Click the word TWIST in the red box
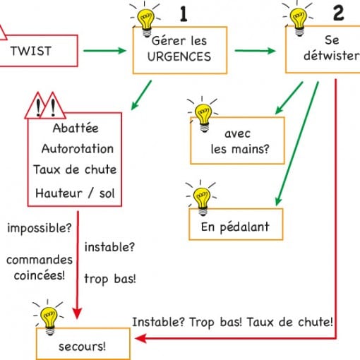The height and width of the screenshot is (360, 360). pos(31,51)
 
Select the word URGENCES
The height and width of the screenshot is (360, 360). pos(179,56)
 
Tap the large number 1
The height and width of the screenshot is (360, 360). pos(184,14)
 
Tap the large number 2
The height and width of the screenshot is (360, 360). pos(339,13)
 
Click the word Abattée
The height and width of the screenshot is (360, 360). pos(76,128)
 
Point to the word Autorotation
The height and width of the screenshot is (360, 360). pos(78,149)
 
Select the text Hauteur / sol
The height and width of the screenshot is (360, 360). pos(75,193)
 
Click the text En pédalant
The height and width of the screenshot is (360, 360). pos(235,227)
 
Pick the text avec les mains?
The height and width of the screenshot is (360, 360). pos(239,141)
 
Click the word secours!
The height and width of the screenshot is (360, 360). pos(82,347)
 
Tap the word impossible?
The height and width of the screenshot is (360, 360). pos(40,228)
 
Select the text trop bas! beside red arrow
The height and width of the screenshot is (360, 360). pos(110,279)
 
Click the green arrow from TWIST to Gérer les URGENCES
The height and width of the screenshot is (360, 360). pos(105,51)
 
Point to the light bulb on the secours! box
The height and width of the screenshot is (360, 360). pos(49,318)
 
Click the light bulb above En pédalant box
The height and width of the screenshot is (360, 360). pos(202,198)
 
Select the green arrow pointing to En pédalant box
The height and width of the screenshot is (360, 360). pos(297,144)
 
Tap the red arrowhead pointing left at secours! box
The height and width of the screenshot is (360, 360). pos(140,339)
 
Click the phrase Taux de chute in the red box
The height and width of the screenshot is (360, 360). pos(75,169)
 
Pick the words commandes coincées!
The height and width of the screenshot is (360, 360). pos(40,268)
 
